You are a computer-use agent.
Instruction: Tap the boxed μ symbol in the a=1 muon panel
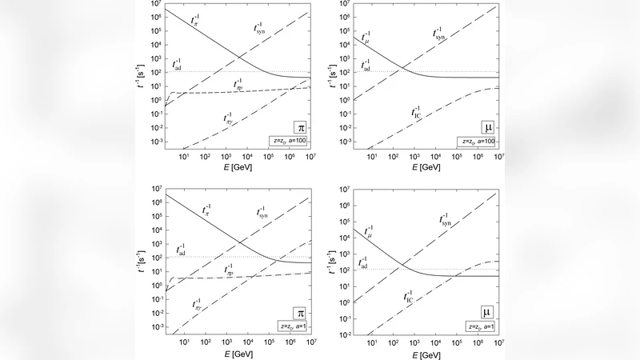[487, 312]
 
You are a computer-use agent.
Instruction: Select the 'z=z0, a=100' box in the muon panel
[478, 141]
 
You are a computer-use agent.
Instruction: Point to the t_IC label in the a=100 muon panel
[417, 113]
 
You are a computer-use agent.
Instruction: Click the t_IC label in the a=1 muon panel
[409, 298]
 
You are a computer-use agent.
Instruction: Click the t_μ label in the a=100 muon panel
[366, 36]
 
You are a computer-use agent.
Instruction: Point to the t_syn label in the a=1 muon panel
[450, 219]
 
